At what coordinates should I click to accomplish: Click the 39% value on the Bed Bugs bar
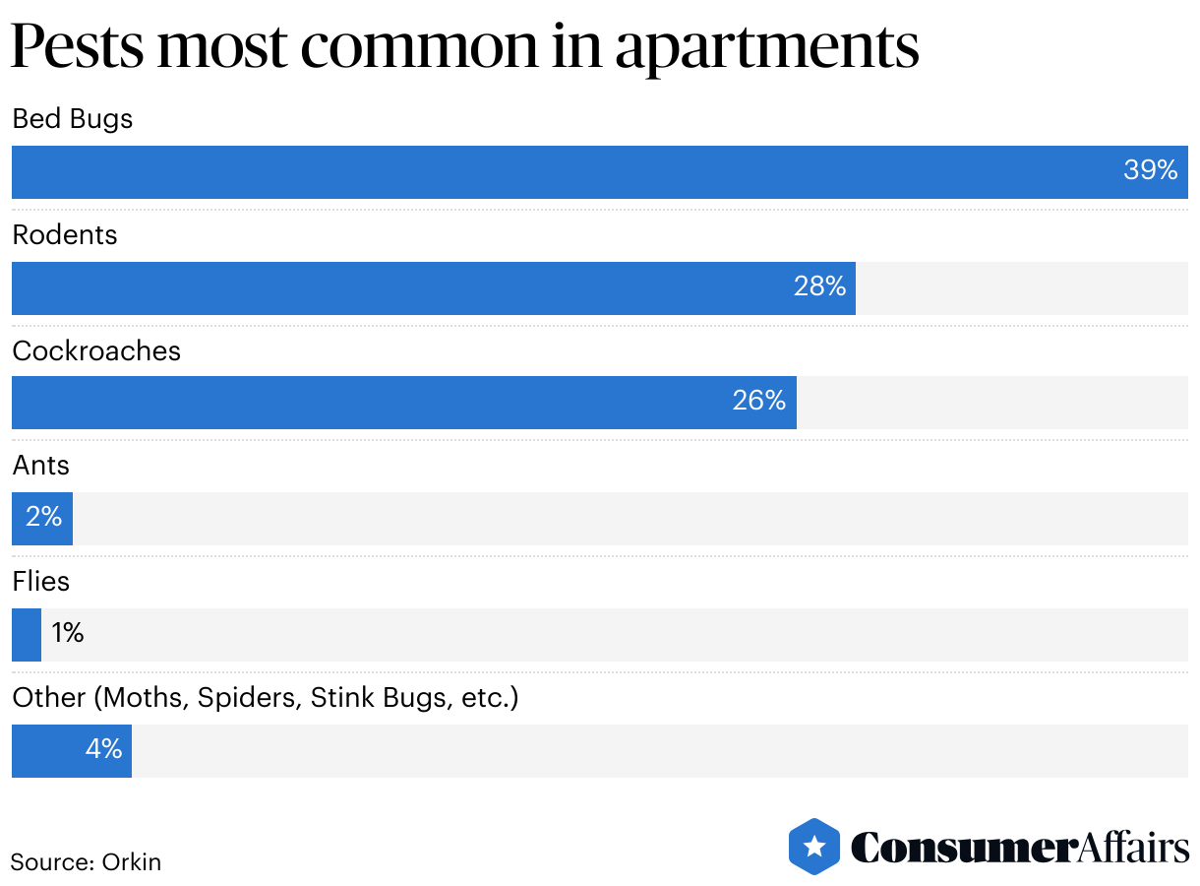1150,171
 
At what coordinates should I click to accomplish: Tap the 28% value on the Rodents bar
819,286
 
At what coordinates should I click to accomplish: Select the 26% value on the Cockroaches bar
758,401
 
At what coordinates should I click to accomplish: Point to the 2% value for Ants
43,517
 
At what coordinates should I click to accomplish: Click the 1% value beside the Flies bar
68,633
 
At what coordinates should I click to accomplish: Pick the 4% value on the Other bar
103,749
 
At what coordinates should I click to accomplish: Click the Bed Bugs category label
72,119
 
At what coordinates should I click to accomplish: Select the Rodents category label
64,235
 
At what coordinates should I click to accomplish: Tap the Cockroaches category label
96,351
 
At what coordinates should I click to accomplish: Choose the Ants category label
40,466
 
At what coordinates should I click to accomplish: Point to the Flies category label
40,582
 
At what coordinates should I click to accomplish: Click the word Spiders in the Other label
249,698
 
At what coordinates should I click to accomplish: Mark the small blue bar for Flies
26,634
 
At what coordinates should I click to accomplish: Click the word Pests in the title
77,46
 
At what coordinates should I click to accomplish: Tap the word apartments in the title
767,46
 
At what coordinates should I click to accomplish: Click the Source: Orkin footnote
86,862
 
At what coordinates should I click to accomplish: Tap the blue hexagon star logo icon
813,847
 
